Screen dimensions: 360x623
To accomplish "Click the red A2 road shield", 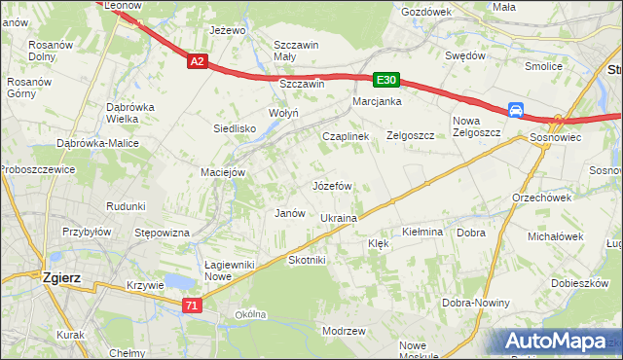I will [197, 61].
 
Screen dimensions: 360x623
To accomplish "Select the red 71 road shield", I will [193, 306].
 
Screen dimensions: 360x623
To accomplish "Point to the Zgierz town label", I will [61, 276].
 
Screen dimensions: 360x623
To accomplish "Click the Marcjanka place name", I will [378, 101].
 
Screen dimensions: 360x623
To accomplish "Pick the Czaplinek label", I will [346, 137].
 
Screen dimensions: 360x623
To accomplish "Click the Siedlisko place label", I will [235, 128].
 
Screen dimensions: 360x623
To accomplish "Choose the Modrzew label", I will [344, 331].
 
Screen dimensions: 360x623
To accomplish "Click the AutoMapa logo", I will [557, 342].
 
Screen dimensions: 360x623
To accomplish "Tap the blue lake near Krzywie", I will [177, 281].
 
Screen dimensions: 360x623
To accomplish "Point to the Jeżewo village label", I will [228, 30].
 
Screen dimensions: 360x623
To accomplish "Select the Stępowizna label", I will [162, 233].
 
